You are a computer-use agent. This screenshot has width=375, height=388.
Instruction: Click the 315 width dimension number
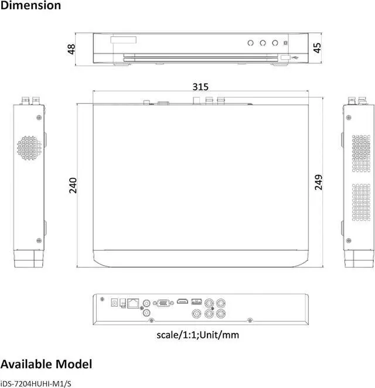200,87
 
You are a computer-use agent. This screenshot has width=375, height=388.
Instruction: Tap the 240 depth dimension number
73,186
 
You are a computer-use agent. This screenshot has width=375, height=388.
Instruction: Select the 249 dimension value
318,183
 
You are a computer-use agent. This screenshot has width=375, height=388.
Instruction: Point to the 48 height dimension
71,49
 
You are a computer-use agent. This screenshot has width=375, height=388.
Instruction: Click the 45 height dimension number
317,48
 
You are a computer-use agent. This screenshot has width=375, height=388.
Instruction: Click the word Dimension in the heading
30,5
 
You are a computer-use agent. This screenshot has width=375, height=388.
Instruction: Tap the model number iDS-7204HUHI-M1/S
36,384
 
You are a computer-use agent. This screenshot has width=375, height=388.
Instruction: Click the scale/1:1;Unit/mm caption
197,335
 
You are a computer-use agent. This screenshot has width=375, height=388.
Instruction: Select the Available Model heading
46,364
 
